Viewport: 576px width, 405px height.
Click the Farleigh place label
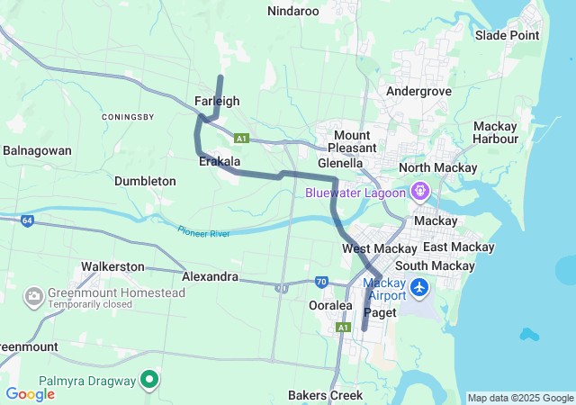coord(217,101)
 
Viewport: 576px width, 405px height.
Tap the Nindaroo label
coord(293,11)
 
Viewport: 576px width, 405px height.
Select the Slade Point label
coord(508,35)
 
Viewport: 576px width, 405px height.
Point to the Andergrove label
coord(418,91)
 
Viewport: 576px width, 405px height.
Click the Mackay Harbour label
coord(495,132)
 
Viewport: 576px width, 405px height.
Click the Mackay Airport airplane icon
coord(419,288)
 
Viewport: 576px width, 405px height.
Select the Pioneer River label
coord(203,232)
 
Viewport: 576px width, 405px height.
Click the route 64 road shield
coord(28,220)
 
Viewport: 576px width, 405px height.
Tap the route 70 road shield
coord(321,282)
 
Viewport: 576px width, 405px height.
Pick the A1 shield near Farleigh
coord(240,139)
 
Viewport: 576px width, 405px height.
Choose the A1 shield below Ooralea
coord(343,328)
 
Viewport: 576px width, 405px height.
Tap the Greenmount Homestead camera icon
coord(34,295)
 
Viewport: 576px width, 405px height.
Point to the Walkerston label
coord(112,266)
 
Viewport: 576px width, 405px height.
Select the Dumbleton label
coord(145,181)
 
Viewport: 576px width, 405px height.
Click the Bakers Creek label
coord(325,395)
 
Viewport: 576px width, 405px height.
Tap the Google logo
coord(30,393)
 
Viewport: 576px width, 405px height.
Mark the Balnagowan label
coord(37,150)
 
